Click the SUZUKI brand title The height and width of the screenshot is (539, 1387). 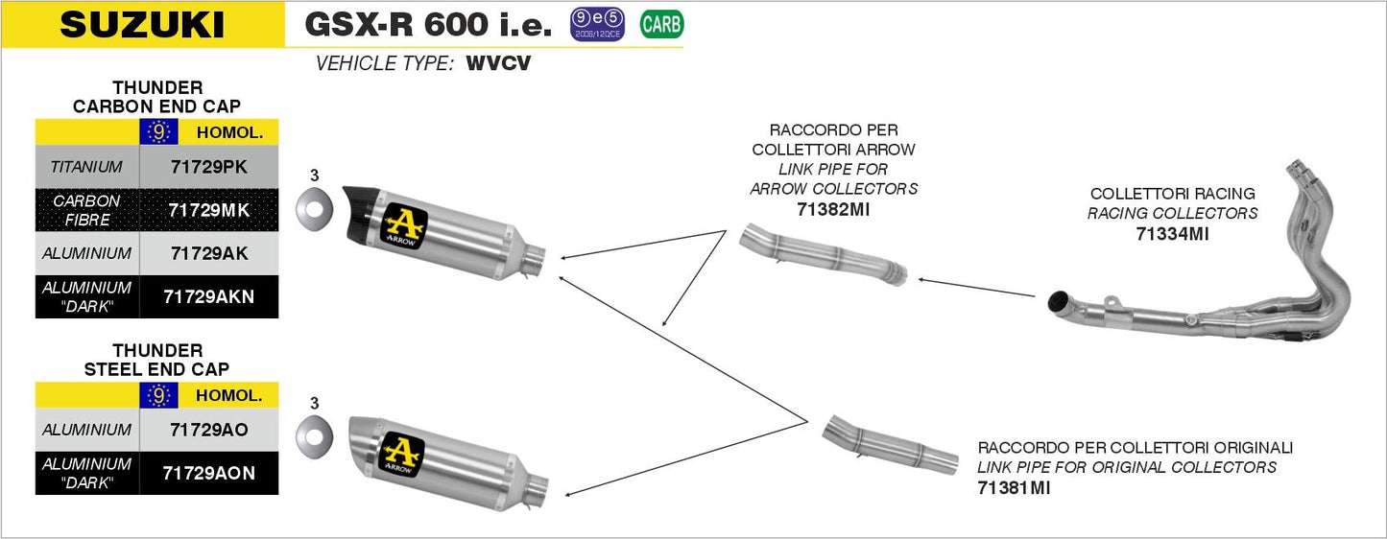(x=142, y=25)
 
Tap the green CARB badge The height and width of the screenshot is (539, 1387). (x=661, y=24)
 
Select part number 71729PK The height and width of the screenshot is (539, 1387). (x=208, y=167)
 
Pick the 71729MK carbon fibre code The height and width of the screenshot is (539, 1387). (x=208, y=209)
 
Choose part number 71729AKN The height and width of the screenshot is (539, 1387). (x=208, y=296)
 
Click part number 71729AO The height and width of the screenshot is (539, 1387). (x=208, y=430)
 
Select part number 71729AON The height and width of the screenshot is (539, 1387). (x=208, y=473)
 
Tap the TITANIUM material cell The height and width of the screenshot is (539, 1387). (x=86, y=167)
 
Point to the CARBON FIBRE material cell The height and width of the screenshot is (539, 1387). (x=86, y=209)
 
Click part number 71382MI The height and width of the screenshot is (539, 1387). (x=833, y=209)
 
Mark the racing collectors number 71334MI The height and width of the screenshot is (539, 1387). (x=1172, y=233)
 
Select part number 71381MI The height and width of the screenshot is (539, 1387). (x=1014, y=488)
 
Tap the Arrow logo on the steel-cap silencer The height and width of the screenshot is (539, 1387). (x=403, y=454)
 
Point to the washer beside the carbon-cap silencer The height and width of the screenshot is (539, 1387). (x=314, y=204)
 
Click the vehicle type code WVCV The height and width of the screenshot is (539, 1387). (x=498, y=64)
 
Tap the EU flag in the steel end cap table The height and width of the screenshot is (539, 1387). (x=159, y=394)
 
